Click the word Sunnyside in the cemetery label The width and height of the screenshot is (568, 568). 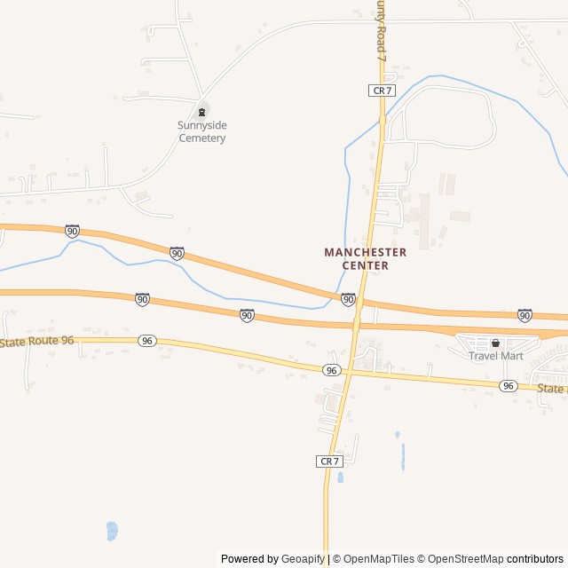[x=202, y=125]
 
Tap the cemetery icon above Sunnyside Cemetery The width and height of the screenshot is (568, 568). [x=202, y=111]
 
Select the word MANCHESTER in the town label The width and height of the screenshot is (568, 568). [x=365, y=252]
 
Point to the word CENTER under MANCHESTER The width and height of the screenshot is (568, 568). [x=366, y=265]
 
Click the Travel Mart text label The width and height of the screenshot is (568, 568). [x=496, y=356]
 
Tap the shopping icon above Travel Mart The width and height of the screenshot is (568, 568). [x=496, y=343]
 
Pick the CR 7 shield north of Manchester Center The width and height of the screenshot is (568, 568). [x=381, y=91]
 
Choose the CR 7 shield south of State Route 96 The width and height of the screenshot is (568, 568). [x=329, y=461]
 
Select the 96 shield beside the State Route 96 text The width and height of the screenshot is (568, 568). [x=147, y=341]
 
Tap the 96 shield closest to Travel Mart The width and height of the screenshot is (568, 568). [x=508, y=385]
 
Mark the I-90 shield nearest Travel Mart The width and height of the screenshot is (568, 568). [x=525, y=315]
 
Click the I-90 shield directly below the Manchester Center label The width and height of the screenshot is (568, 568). [x=348, y=300]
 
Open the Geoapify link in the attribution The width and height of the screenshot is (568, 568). [x=304, y=559]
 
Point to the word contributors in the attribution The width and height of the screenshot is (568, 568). [x=535, y=559]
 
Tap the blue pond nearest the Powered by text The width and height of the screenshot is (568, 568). [x=112, y=531]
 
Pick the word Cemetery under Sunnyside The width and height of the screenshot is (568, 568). [x=202, y=138]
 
